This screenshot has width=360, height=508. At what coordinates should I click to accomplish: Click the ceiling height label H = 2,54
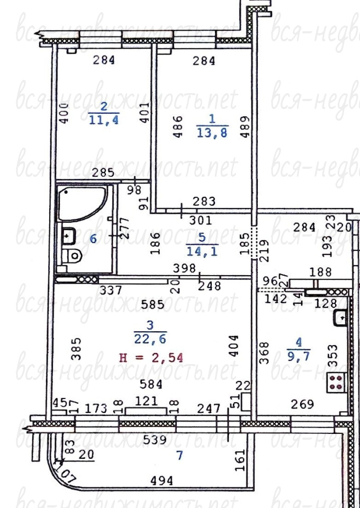151,358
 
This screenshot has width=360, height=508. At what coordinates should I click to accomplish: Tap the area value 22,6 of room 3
150,339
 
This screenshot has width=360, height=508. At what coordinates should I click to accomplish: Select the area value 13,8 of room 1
212,132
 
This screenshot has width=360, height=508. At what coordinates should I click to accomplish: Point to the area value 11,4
104,120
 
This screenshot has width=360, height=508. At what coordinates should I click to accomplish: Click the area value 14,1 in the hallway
202,251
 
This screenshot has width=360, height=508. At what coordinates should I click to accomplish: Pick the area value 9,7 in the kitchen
299,356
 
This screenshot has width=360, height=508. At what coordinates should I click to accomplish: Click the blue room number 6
93,239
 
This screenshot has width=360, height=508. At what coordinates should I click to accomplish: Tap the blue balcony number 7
179,455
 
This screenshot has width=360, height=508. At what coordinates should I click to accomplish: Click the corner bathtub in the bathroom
82,203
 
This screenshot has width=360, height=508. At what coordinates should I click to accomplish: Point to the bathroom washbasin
68,235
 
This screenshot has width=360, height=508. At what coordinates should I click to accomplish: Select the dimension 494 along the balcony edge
162,480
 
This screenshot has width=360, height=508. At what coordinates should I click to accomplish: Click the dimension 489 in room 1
246,126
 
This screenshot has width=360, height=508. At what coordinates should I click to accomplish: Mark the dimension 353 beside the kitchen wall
332,356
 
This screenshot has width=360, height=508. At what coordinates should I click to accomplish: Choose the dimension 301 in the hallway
201,221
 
